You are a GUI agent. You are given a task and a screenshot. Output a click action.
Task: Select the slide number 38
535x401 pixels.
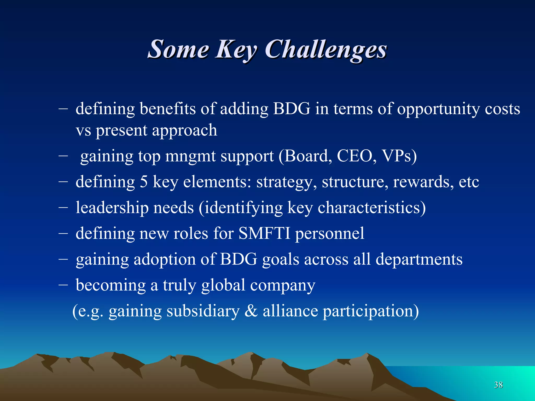coord(498,385)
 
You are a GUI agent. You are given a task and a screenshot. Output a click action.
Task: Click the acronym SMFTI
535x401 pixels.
coord(264,233)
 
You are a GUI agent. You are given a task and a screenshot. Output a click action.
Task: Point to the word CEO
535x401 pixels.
coord(357,156)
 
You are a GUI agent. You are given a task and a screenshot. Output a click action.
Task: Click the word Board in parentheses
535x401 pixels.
coord(305,156)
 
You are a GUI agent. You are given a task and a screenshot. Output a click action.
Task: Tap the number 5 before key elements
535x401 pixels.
coord(144,182)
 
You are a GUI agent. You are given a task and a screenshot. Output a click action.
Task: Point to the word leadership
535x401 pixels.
coord(112,208)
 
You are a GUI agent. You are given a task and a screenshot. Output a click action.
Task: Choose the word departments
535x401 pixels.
coord(419,260)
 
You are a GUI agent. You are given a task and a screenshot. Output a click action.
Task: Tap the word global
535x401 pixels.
coord(223,285)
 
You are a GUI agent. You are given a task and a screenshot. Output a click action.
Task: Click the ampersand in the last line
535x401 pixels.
coord(251,311)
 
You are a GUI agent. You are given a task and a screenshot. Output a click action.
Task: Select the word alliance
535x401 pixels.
coord(290,311)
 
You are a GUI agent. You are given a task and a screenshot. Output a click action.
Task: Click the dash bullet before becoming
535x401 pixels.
coord(63,285)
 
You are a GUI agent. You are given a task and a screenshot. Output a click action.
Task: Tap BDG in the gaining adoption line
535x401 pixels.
coord(239,259)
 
